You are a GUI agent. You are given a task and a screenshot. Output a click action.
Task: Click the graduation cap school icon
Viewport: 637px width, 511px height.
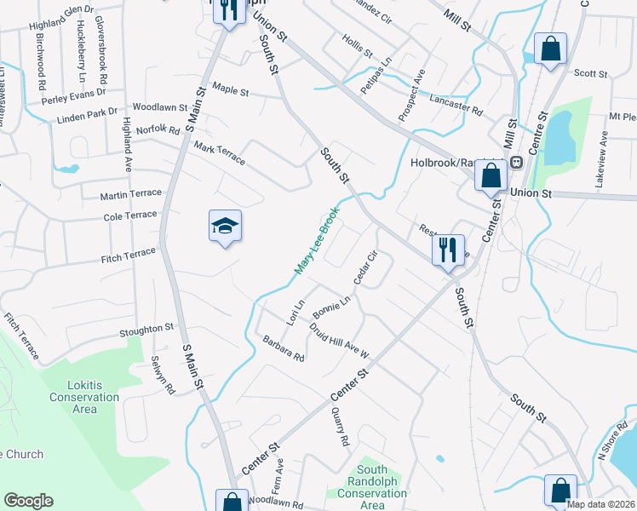225,227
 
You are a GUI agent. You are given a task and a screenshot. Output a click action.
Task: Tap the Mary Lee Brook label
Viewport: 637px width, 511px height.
317,240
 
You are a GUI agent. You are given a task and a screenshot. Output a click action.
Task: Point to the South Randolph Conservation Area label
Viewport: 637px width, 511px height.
373,487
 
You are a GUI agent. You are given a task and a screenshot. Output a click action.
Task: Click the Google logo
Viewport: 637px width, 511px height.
28,501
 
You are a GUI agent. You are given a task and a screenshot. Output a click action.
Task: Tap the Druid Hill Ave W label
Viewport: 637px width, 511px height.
338,336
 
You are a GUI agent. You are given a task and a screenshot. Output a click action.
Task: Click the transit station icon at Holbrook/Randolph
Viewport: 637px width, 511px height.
515,163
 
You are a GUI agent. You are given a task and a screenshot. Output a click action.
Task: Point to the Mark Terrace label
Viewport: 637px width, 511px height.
219,153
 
